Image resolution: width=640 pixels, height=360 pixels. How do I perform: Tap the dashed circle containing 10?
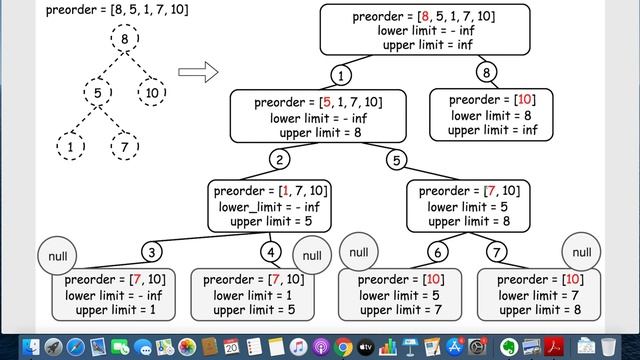point(151,95)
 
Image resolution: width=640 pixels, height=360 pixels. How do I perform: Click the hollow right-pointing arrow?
point(198,72)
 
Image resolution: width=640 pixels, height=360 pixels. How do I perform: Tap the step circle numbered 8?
point(487,73)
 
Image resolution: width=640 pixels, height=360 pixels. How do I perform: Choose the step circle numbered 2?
point(282,160)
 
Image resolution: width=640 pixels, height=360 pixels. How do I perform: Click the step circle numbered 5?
point(397,160)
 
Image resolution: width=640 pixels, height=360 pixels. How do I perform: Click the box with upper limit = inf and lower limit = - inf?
point(423,31)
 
